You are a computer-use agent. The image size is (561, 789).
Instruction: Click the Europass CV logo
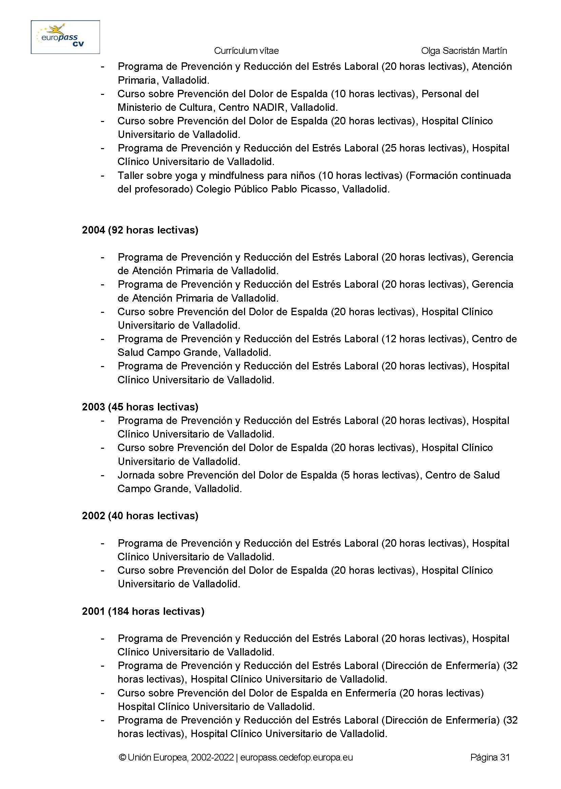pyautogui.click(x=65, y=37)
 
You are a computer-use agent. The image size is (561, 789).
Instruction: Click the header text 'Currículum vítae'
pyautogui.click(x=246, y=51)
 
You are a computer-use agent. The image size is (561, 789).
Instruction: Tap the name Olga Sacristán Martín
pyautogui.click(x=464, y=51)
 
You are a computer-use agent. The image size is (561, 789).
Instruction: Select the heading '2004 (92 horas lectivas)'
pyautogui.click(x=140, y=230)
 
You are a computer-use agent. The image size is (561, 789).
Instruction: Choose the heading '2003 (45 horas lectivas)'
pyautogui.click(x=140, y=407)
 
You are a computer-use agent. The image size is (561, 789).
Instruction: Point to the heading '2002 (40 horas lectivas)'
pyautogui.click(x=140, y=515)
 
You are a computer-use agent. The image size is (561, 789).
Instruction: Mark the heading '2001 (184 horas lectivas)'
pyautogui.click(x=143, y=611)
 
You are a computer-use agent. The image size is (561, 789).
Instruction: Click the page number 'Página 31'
pyautogui.click(x=490, y=757)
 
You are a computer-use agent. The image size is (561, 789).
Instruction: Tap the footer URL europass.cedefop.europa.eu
pyautogui.click(x=296, y=757)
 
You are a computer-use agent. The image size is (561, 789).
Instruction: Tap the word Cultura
pyautogui.click(x=196, y=107)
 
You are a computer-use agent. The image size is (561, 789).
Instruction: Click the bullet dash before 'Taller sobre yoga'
pyautogui.click(x=103, y=176)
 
